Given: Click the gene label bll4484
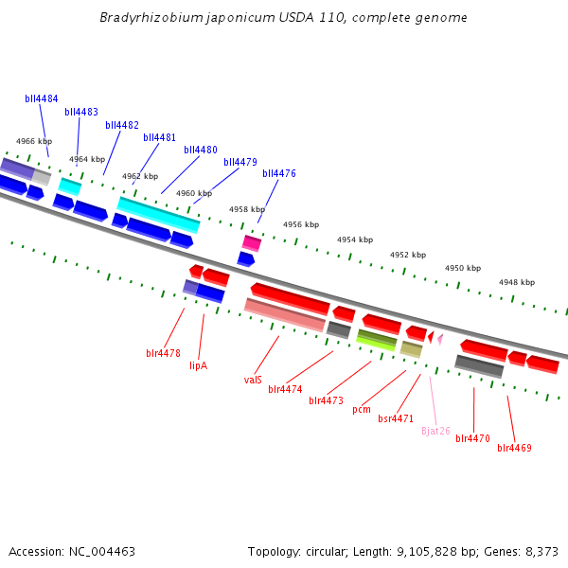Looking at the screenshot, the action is click(41, 98).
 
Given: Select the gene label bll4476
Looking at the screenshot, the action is click(279, 173).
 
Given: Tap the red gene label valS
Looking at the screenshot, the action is click(253, 380).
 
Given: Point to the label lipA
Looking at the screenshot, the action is click(198, 364).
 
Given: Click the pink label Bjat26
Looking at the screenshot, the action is click(435, 431).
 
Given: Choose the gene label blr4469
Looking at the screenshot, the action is click(514, 448).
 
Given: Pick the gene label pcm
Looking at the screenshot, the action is click(362, 410).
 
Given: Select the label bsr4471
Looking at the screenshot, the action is click(396, 418).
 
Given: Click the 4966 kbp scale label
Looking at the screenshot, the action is click(33, 141).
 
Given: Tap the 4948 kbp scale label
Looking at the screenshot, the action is click(517, 282).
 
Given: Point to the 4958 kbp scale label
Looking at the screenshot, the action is click(246, 209).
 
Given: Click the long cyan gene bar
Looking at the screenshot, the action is click(158, 214).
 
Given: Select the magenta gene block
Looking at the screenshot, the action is click(252, 242).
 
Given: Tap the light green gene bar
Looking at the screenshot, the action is click(376, 340).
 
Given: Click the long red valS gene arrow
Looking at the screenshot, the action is click(290, 297).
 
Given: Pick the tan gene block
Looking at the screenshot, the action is click(411, 348).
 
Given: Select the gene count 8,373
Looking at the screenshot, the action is click(541, 551).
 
